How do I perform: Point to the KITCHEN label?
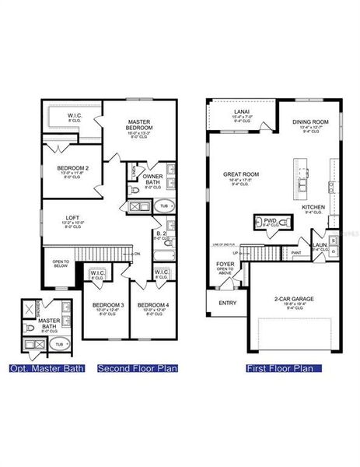click(314, 207)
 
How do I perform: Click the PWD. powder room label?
click(270, 221)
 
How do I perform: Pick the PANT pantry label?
click(296, 253)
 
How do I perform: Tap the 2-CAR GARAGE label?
click(293, 298)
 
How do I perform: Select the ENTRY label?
click(228, 303)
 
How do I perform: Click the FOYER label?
click(225, 265)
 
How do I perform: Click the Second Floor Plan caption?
click(138, 367)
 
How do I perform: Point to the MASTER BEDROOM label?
click(142, 125)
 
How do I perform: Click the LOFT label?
click(72, 217)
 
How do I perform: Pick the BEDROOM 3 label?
click(108, 304)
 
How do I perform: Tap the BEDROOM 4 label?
click(152, 304)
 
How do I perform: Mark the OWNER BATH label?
click(152, 179)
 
